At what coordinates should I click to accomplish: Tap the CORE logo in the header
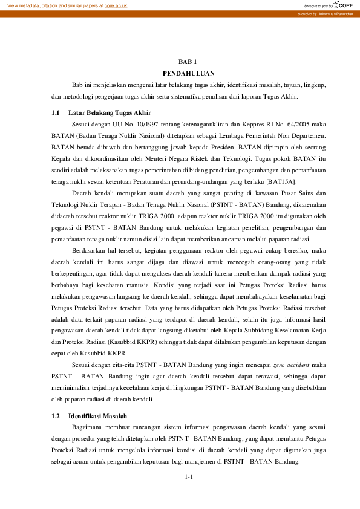[345, 5]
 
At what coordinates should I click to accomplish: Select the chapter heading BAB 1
[188, 62]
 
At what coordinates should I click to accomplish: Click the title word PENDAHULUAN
[188, 73]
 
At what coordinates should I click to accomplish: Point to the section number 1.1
[56, 113]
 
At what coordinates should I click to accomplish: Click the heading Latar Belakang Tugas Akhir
[110, 113]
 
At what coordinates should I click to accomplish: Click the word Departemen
[307, 136]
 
